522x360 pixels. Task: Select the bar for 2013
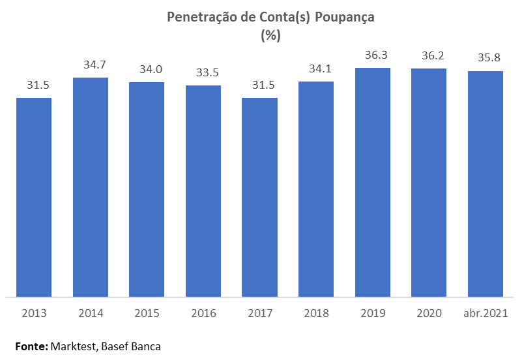34,197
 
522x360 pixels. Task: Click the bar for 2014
90,187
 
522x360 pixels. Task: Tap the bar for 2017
259,197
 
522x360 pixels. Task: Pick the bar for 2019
373,182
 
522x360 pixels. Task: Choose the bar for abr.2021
486,184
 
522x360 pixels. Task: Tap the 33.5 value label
203,73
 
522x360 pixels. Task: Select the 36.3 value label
373,55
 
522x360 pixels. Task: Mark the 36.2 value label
429,56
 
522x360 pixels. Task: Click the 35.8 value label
486,59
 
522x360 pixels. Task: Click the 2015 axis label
147,313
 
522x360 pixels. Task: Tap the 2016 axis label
203,313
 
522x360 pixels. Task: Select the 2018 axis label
316,313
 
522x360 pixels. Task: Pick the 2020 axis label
429,313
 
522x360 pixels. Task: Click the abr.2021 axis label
486,313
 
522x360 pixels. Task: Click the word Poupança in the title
345,18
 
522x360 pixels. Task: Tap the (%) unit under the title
270,36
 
